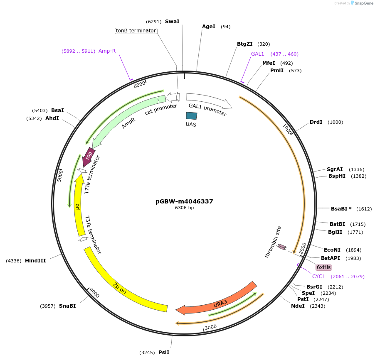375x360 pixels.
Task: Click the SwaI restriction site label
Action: point(172,21)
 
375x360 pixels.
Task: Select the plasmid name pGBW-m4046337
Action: point(184,201)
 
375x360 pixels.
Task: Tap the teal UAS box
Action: point(191,117)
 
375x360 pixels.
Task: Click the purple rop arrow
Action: point(89,156)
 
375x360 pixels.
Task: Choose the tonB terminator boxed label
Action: point(136,31)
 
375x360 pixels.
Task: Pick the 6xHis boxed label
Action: point(323,267)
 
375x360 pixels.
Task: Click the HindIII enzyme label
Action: point(35,261)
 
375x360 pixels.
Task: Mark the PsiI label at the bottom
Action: point(164,352)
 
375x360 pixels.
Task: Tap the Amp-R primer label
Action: point(107,51)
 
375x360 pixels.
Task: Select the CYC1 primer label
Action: point(318,276)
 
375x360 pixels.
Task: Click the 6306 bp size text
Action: point(184,208)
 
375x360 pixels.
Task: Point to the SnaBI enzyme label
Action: point(67,306)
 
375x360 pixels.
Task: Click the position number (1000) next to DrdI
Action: point(335,122)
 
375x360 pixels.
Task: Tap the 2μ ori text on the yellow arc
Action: point(120,288)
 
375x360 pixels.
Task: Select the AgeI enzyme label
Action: point(209,27)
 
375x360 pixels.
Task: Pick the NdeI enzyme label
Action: point(298,306)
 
